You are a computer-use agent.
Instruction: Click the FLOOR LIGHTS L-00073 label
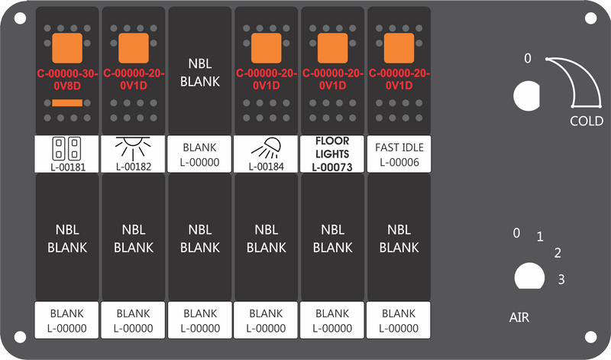(x=332, y=154)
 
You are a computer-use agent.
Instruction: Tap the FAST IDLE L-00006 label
(x=399, y=154)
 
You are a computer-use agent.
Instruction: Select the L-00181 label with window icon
(x=67, y=154)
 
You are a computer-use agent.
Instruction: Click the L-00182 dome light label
(x=133, y=154)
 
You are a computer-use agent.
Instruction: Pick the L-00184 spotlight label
(x=266, y=154)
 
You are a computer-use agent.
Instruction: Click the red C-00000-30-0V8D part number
(x=67, y=79)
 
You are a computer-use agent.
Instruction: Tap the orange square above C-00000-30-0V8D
(x=67, y=48)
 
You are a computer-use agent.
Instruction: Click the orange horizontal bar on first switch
(x=67, y=103)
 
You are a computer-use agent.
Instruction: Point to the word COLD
(x=587, y=121)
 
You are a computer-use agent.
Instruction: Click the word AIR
(x=519, y=317)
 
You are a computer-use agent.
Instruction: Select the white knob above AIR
(x=529, y=276)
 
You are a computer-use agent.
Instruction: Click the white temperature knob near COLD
(x=526, y=96)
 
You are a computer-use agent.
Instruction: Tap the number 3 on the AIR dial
(x=561, y=279)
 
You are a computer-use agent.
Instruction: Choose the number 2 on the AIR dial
(x=558, y=253)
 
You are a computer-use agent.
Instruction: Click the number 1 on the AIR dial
(x=540, y=236)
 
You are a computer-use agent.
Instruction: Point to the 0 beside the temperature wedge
(x=528, y=58)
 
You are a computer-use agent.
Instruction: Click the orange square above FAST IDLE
(x=399, y=48)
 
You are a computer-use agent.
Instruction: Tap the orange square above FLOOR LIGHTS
(x=333, y=48)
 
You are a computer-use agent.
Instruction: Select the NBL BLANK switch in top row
(x=200, y=70)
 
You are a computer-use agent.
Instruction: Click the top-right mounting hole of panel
(x=590, y=18)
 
